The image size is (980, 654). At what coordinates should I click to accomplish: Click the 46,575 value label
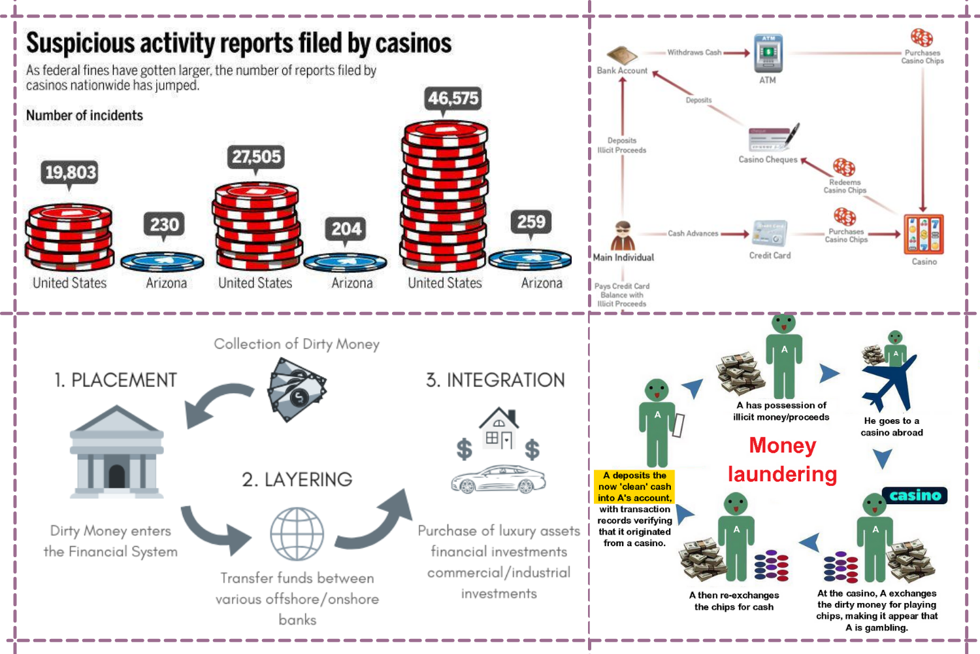pyautogui.click(x=453, y=99)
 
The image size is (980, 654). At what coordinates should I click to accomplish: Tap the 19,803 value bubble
pyautogui.click(x=70, y=173)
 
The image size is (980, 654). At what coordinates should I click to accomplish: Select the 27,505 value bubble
pyautogui.click(x=256, y=157)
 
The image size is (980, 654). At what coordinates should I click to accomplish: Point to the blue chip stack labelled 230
pyautogui.click(x=162, y=262)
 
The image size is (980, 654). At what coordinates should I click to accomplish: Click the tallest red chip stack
pyautogui.click(x=444, y=196)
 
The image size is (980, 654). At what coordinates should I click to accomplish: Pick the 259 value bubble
pyautogui.click(x=531, y=222)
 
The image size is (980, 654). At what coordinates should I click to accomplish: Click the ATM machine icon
pyautogui.click(x=768, y=54)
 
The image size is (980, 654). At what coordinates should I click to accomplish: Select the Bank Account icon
pyautogui.click(x=621, y=56)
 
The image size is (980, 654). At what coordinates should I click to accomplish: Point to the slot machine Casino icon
pyautogui.click(x=923, y=234)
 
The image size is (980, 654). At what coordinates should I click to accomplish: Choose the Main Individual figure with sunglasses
pyautogui.click(x=623, y=236)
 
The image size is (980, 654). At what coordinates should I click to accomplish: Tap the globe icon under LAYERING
pyautogui.click(x=297, y=534)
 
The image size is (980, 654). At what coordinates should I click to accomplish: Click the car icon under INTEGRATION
pyautogui.click(x=498, y=479)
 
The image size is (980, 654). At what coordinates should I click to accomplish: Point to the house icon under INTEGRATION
pyautogui.click(x=498, y=428)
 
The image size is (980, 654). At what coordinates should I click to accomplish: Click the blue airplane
pyautogui.click(x=889, y=383)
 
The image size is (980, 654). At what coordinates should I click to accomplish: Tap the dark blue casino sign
pyautogui.click(x=914, y=495)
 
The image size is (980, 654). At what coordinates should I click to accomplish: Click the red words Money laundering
pyautogui.click(x=783, y=460)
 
